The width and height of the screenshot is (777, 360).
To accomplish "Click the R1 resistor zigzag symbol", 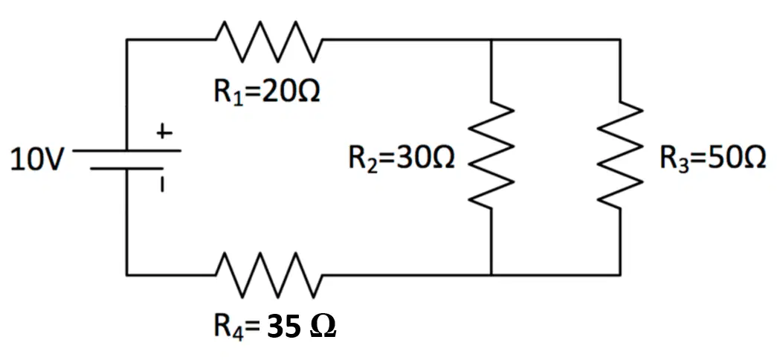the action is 269,41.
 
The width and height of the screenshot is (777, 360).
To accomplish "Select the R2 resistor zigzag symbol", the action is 491,155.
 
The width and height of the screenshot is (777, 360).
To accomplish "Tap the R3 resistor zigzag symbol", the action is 620,155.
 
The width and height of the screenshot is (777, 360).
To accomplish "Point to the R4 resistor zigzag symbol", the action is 269,274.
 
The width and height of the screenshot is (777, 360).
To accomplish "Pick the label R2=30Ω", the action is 402,160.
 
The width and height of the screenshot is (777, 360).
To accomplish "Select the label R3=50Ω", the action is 712,160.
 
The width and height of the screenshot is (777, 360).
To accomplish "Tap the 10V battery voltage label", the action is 37,160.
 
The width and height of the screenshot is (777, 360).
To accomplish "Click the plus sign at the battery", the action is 164,133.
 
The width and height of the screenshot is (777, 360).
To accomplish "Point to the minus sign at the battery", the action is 162,185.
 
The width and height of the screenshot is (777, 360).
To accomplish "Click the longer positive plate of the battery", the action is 127,150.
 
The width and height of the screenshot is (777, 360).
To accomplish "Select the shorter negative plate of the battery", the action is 127,169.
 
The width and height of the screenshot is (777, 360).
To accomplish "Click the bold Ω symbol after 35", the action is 323,327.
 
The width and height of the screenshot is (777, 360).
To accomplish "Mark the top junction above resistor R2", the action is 491,39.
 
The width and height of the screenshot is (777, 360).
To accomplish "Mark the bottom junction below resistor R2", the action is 491,274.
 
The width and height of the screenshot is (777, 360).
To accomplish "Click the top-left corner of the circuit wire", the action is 127,39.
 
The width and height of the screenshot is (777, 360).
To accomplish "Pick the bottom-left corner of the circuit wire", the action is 127,274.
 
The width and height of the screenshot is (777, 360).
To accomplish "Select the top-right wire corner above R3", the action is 620,39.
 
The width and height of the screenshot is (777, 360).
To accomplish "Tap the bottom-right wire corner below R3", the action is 620,274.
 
